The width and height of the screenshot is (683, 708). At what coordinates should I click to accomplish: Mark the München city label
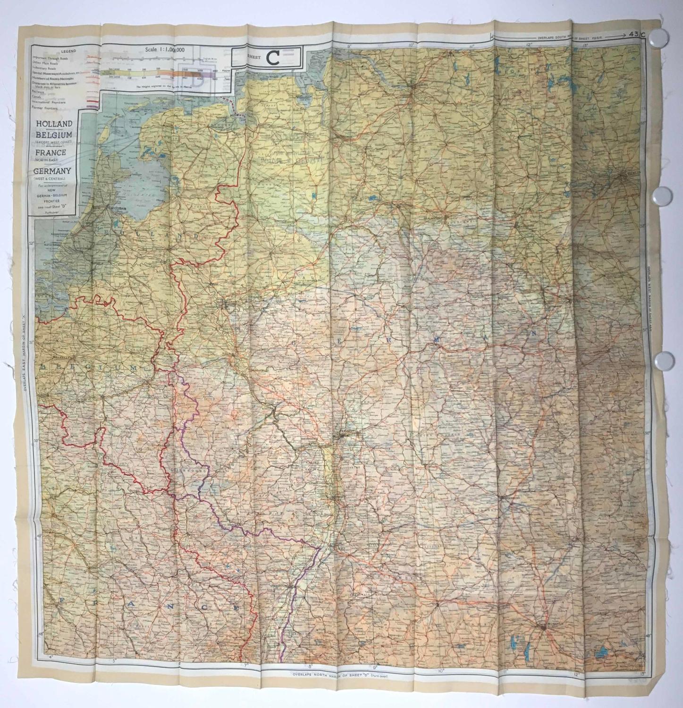[543, 624]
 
